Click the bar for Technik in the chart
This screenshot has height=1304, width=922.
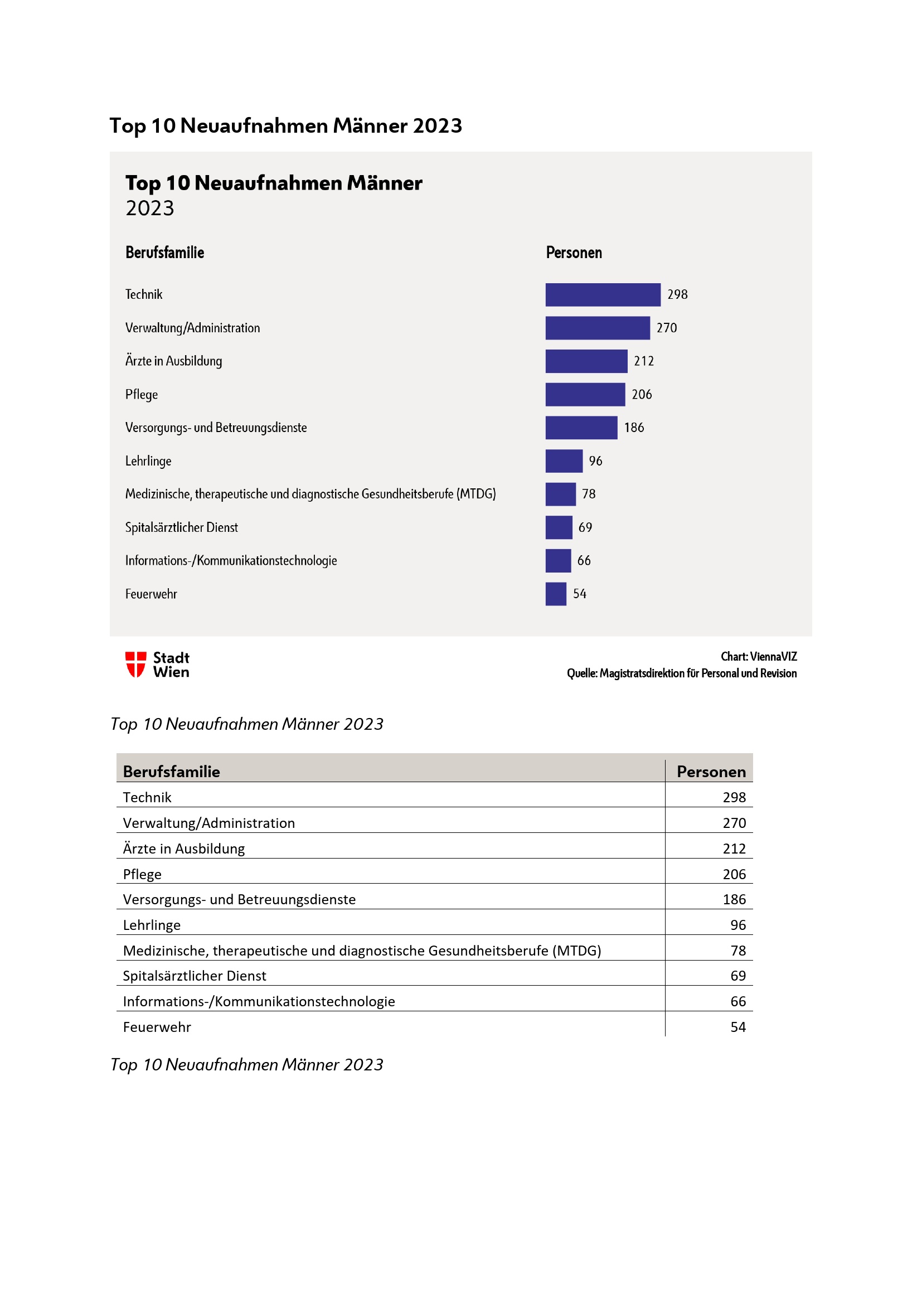tap(603, 295)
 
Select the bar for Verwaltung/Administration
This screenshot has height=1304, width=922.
tap(597, 328)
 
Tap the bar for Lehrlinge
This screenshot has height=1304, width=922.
tap(564, 460)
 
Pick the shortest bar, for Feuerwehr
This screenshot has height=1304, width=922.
tap(556, 594)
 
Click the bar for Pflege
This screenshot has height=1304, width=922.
tap(585, 394)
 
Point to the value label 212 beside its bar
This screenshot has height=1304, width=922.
tap(644, 361)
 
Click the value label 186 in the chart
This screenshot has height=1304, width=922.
tap(634, 428)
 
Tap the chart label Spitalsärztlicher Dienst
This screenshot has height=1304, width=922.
tap(182, 527)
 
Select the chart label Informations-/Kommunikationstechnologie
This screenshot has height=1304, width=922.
tap(231, 560)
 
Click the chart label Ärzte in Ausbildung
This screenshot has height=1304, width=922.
tap(174, 361)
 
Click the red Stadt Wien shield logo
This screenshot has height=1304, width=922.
tap(135, 664)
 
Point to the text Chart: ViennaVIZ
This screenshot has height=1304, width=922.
tap(759, 657)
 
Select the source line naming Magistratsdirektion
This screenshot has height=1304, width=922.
tap(681, 673)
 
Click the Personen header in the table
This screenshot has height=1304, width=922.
tap(711, 771)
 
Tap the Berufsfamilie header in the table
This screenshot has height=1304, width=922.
tap(172, 771)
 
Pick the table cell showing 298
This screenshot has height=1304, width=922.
tap(734, 797)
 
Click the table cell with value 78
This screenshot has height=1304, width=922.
tap(738, 951)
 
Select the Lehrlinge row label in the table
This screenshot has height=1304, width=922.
tap(152, 925)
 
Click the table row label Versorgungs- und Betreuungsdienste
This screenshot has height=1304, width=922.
tap(239, 900)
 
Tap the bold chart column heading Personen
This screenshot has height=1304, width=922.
tap(574, 253)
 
